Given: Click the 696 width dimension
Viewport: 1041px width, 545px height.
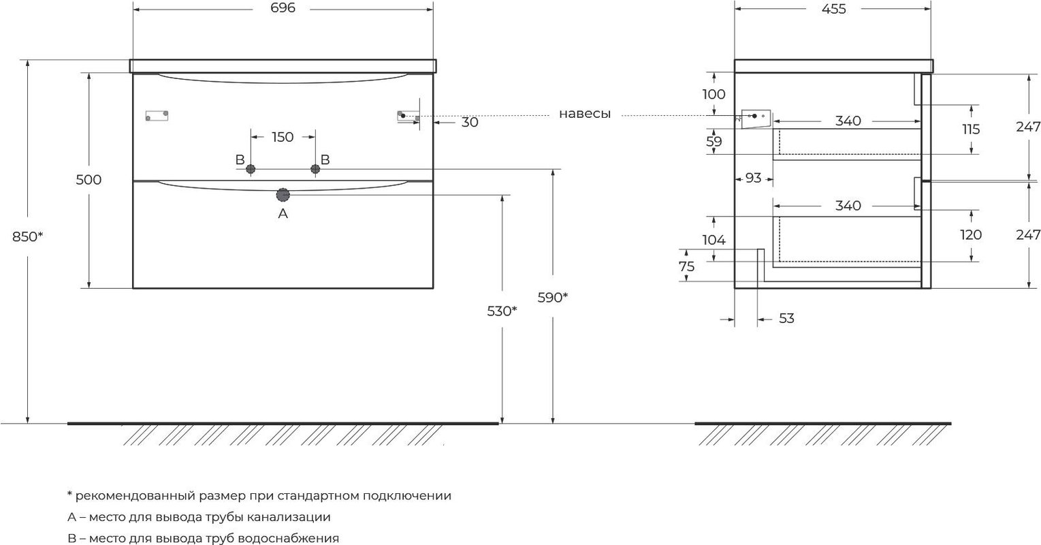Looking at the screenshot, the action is [x=283, y=8].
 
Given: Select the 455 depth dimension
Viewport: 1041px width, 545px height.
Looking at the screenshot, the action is [x=834, y=9].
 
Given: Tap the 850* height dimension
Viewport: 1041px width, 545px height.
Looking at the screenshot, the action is [x=27, y=236].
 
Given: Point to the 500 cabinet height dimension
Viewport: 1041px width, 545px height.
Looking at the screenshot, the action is [x=89, y=179].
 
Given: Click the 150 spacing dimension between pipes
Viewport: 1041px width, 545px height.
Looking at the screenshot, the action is [x=283, y=137].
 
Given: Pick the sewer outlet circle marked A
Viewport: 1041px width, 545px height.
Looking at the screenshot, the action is [x=283, y=195].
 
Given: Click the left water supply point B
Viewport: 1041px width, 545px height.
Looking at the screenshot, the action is [x=251, y=169].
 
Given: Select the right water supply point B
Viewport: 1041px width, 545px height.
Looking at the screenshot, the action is [x=315, y=169].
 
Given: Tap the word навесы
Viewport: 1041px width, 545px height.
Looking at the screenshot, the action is [x=584, y=114].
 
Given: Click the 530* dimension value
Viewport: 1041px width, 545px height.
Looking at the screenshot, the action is [x=502, y=311].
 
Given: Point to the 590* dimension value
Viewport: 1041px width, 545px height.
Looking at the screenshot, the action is [x=553, y=297].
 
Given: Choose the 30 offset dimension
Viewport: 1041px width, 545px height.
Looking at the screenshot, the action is [x=470, y=123].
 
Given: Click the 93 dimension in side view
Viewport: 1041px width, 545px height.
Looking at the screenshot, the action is [x=753, y=178].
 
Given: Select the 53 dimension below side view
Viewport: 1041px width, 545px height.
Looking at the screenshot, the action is [x=786, y=319].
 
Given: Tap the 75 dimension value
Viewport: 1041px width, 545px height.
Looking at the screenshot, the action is [x=686, y=266].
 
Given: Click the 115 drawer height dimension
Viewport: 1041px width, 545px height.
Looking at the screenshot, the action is [x=971, y=129].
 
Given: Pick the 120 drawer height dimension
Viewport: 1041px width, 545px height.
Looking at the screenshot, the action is [x=971, y=234].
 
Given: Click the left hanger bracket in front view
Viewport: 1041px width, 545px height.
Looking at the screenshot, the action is [x=157, y=115].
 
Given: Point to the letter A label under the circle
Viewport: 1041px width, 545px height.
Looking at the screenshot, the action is [x=283, y=213].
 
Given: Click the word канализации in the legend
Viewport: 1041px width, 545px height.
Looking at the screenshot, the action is [x=289, y=516].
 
